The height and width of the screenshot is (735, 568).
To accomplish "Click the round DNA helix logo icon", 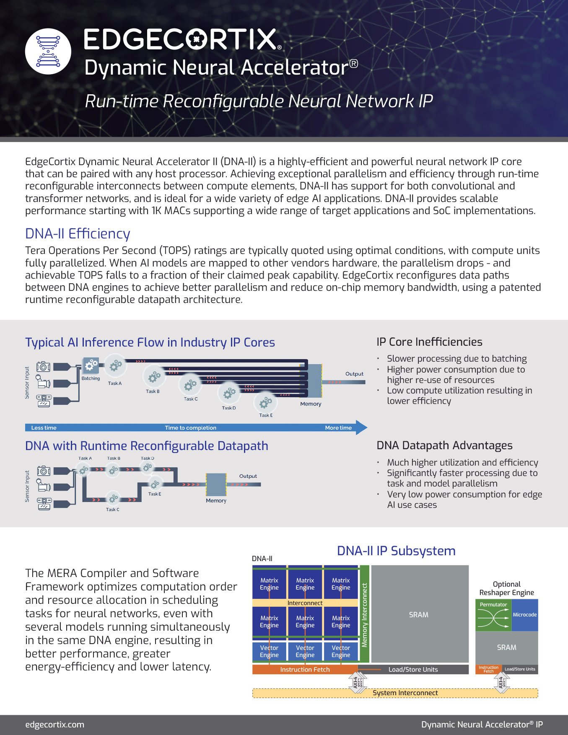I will tap(48, 51).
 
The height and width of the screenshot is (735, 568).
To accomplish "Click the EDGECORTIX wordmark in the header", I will tap(182, 40).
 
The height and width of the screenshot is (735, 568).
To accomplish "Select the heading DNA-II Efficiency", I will tap(78, 234).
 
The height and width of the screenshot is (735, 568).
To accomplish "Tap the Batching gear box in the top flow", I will tap(91, 366).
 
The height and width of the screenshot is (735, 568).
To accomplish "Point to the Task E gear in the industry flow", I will tap(265, 403).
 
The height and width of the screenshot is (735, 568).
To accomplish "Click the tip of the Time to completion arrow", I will tap(365, 427).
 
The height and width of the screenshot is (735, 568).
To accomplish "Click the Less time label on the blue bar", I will tap(44, 428).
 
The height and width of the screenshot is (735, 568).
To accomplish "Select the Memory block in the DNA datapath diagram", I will tap(216, 484).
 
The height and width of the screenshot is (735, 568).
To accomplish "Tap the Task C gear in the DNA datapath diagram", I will tap(113, 499).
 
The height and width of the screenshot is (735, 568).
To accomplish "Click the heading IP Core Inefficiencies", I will tap(429, 342).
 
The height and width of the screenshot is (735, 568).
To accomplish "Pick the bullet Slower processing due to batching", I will tap(456, 359).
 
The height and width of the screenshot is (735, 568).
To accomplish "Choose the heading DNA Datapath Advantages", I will tap(444, 445).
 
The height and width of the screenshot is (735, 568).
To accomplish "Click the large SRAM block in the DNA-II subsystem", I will tap(419, 614).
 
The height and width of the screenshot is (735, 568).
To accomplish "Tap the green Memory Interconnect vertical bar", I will tap(364, 614).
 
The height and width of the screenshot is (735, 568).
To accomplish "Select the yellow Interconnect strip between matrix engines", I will tap(305, 603).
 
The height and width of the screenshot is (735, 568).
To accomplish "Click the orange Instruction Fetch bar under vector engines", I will tap(305, 670).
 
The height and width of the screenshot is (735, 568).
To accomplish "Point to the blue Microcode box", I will tap(524, 615).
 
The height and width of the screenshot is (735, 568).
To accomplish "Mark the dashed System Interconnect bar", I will tap(405, 693).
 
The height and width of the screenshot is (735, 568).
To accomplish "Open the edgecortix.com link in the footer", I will tap(54, 725).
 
